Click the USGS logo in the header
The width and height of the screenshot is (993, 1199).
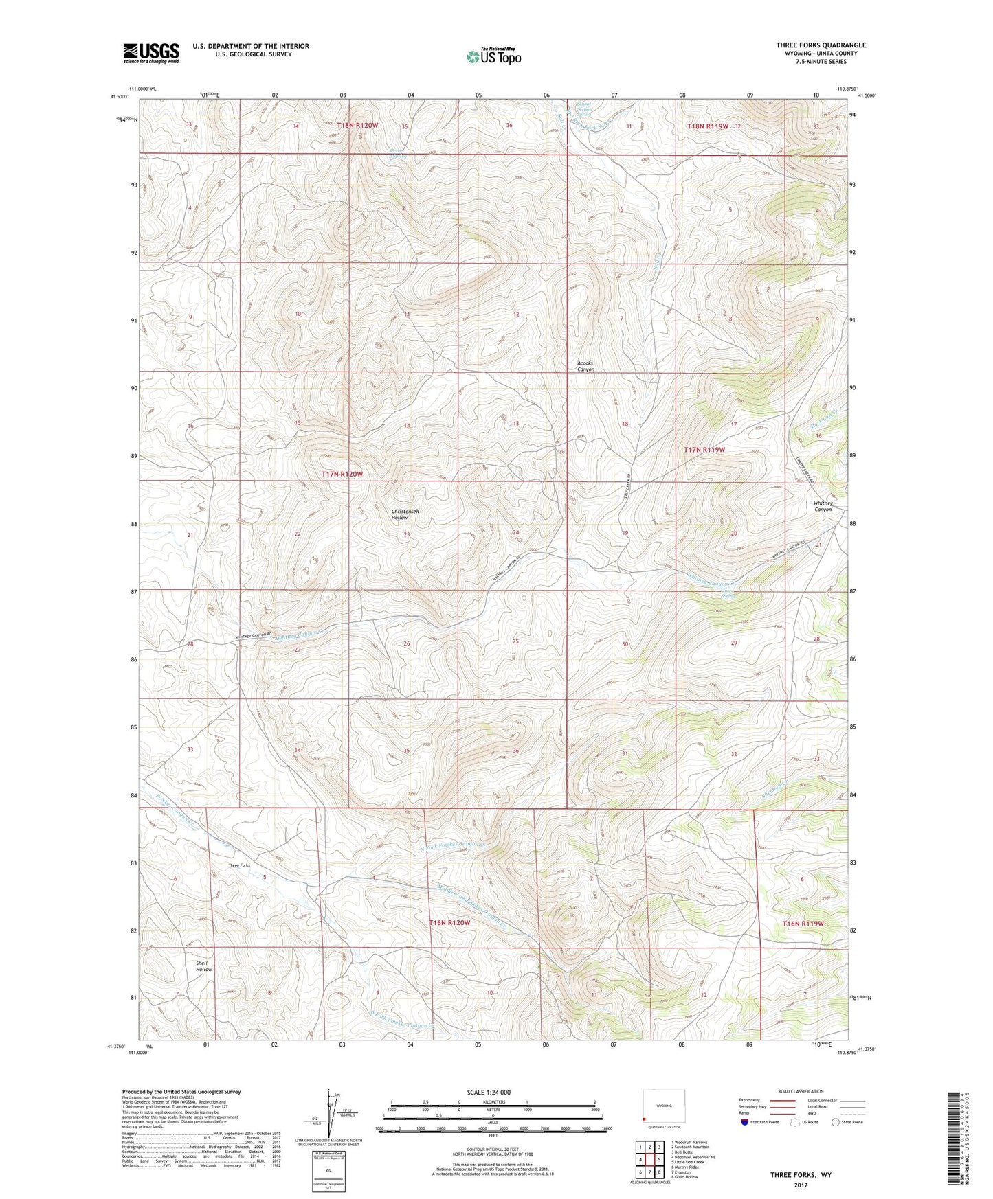point(150,52)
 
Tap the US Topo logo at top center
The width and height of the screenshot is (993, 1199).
point(493,56)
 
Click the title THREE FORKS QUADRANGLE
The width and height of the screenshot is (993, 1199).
point(821,45)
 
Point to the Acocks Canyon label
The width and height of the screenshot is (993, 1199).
point(585,366)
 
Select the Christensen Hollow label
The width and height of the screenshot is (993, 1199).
point(405,514)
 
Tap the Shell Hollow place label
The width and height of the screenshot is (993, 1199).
point(203,966)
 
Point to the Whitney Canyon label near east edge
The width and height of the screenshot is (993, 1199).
point(823,506)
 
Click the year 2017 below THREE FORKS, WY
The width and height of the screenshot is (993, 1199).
point(800,1185)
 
